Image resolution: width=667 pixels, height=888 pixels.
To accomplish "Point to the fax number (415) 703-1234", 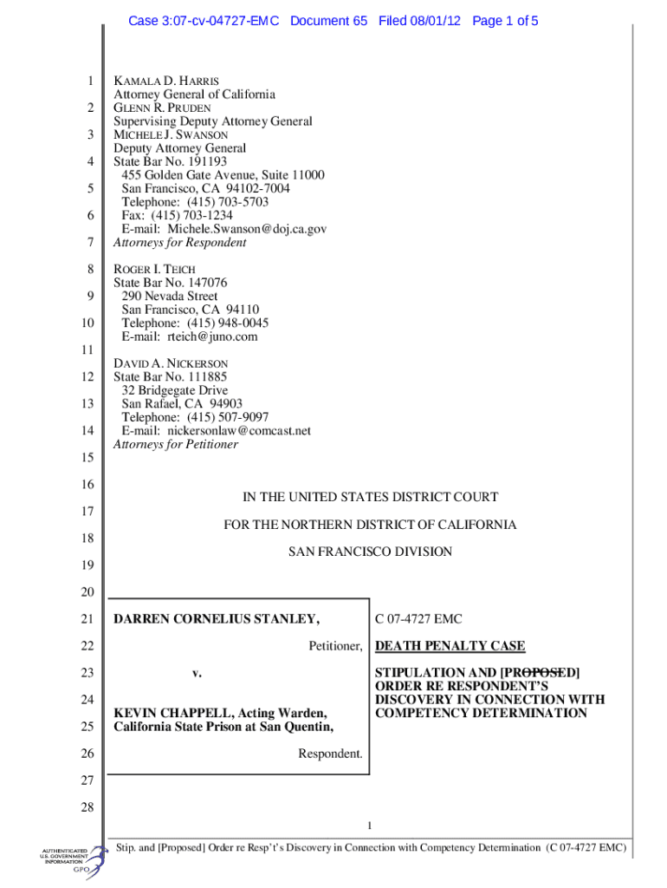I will (192, 215).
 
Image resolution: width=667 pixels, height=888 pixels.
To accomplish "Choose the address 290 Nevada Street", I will (170, 297).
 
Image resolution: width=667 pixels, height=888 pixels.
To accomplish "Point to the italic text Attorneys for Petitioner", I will (176, 444).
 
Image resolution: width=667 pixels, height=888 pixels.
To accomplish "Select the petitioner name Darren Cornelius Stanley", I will (217, 619).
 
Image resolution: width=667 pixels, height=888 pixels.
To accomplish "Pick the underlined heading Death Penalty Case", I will (450, 646).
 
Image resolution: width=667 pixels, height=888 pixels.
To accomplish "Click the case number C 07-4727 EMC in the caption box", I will (418, 619).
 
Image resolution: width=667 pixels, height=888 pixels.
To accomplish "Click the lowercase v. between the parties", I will (197, 673).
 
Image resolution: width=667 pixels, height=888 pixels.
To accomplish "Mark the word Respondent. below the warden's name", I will (330, 754).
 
